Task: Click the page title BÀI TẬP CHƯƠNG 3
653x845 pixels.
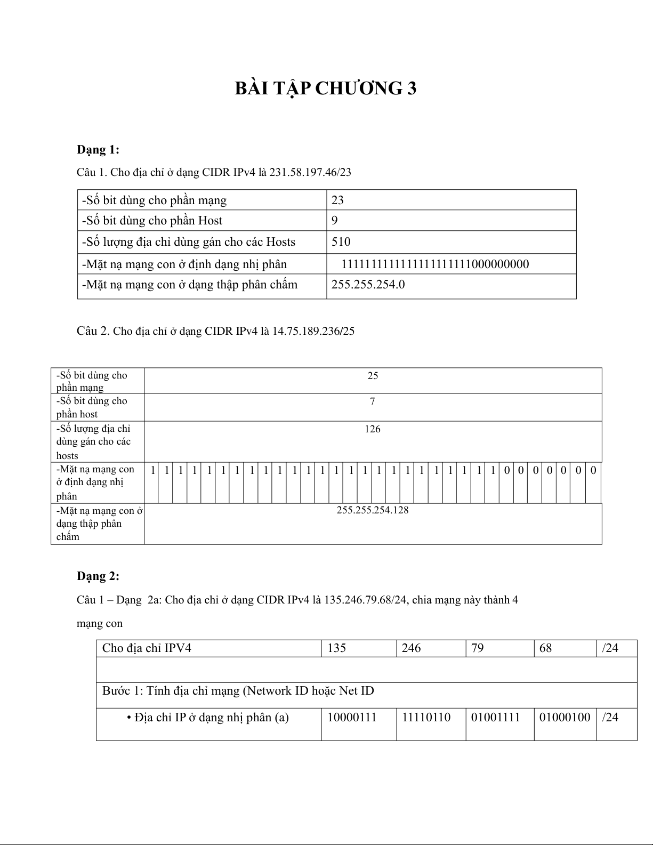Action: (326, 88)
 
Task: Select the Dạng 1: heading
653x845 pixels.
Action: (98, 149)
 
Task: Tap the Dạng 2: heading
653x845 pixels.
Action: (98, 576)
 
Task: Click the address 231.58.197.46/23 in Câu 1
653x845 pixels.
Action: (310, 172)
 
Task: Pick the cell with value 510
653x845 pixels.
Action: (341, 242)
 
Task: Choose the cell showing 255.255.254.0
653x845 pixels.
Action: (368, 285)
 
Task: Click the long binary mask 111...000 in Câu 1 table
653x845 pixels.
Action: (435, 264)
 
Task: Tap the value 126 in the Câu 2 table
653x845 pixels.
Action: (373, 429)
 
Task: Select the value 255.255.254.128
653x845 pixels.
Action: (373, 510)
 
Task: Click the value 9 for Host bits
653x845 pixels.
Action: (335, 221)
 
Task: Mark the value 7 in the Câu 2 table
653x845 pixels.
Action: (373, 401)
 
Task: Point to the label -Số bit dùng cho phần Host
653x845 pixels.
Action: (152, 221)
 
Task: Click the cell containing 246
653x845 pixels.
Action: (412, 648)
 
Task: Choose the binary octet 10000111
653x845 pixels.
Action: (352, 718)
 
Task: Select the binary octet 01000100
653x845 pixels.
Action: (565, 718)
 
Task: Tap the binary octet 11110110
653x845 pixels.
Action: (426, 718)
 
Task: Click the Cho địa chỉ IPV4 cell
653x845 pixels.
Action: (147, 648)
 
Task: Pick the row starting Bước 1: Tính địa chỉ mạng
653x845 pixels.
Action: (238, 691)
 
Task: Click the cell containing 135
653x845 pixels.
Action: (337, 648)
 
